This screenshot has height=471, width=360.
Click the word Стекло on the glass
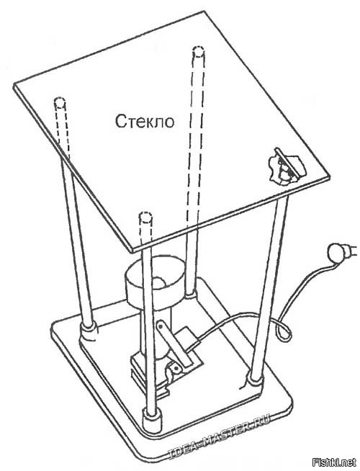(145, 122)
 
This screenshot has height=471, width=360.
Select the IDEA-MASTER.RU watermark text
(219, 435)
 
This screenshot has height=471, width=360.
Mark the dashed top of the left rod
(60, 103)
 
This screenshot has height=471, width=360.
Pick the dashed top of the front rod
(145, 217)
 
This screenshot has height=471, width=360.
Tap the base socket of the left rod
(89, 331)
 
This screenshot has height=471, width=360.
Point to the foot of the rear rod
(190, 295)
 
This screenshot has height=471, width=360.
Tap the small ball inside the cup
(159, 282)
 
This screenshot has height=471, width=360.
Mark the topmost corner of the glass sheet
(205, 12)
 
